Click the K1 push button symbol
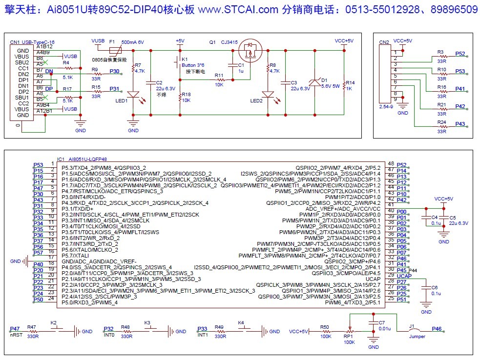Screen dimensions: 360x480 click(176, 63)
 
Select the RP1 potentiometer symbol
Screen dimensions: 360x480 click(350, 332)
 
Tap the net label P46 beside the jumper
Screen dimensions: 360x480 click(437, 329)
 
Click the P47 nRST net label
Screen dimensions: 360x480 click(15, 329)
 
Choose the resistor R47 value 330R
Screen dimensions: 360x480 click(33, 336)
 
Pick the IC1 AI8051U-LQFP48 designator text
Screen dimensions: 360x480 click(82, 159)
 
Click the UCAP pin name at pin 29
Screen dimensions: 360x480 click(373, 279)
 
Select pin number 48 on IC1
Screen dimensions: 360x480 click(391, 164)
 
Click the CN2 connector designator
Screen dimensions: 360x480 click(384, 42)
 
